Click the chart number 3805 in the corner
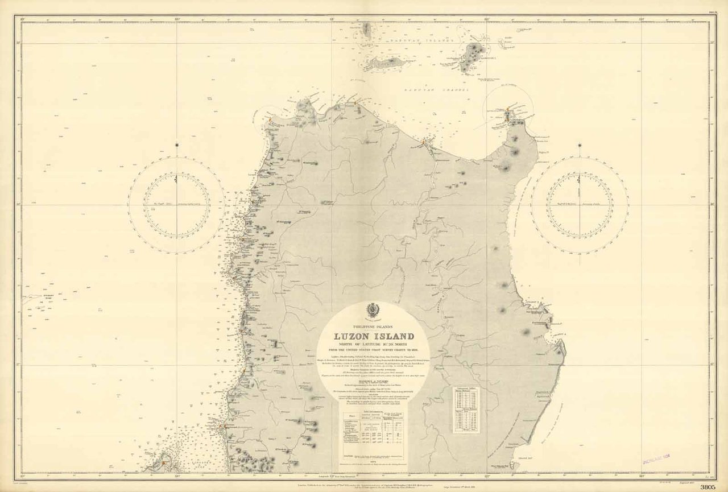coord(708,487)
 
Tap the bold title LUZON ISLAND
coord(374,336)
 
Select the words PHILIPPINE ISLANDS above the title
coord(374,326)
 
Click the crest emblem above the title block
coord(374,311)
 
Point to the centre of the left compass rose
coord(176,205)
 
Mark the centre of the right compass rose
coord(580,205)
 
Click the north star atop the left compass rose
coord(176,146)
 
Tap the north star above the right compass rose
coord(580,146)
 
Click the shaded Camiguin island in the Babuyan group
coord(471,57)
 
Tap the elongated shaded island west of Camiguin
coord(388,62)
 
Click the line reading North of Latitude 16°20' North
coord(374,343)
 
